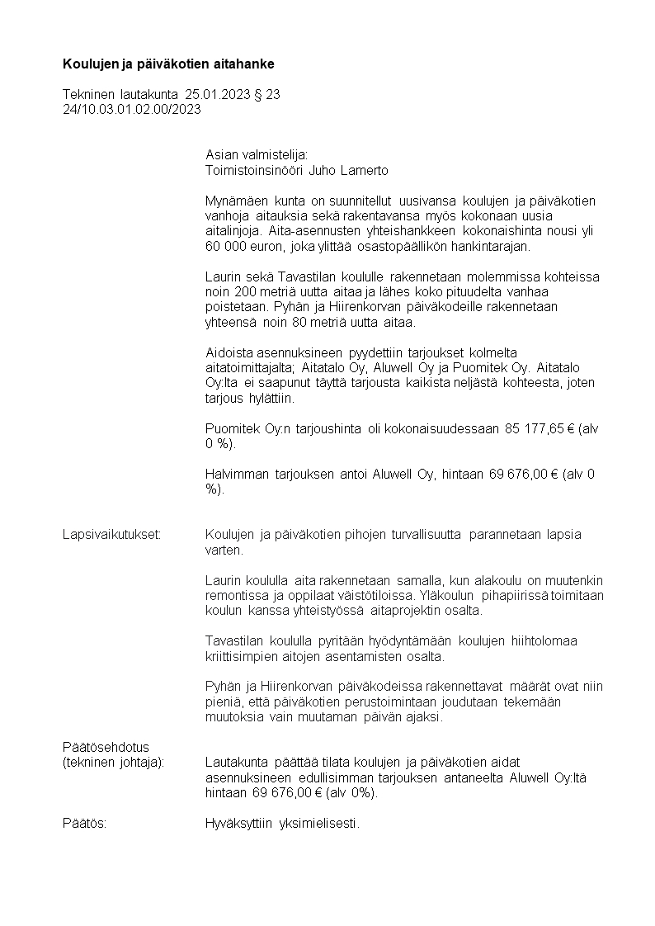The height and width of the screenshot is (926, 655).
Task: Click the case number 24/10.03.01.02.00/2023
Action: (132, 108)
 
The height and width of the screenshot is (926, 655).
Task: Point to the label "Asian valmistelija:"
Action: (256, 154)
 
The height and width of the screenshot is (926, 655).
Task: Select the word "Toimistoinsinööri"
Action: (253, 171)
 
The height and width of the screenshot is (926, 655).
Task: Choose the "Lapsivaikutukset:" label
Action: (111, 534)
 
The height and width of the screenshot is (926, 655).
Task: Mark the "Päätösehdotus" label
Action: (106, 747)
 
